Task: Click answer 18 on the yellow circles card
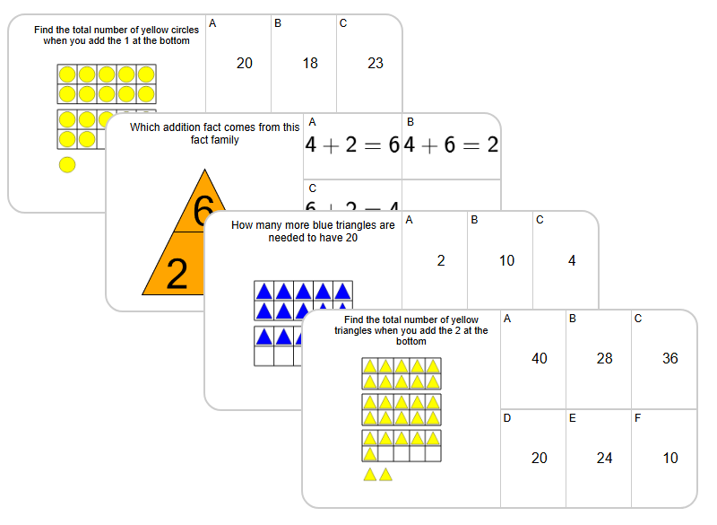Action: coord(310,63)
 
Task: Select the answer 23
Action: coord(376,63)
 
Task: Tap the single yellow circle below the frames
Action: coord(66,164)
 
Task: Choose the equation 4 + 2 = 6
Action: coord(352,145)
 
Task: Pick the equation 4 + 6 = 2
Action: coord(451,145)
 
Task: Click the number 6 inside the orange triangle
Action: coord(203,212)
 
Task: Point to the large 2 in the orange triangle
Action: coord(177,274)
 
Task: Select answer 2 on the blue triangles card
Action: coord(441,261)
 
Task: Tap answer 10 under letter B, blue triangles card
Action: coord(506,261)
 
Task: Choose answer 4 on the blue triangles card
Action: coord(572,261)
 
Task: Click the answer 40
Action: coord(540,358)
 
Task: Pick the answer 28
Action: coord(605,358)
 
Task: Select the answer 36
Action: coord(670,358)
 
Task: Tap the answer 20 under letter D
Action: coord(540,458)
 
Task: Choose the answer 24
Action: coord(605,458)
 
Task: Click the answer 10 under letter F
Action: coord(670,458)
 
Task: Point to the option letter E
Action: coord(573,417)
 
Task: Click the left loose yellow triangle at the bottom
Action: coord(370,474)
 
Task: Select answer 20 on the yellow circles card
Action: coord(245,63)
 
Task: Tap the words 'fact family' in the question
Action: coord(214,140)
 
